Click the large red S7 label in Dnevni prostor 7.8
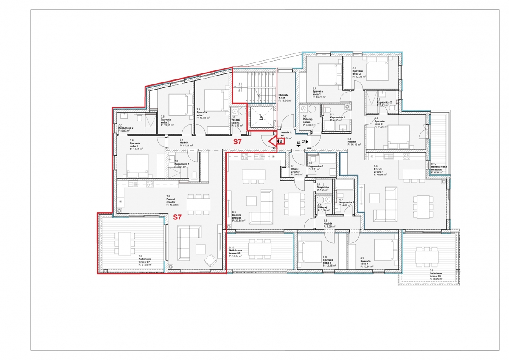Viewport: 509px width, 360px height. click(178, 217)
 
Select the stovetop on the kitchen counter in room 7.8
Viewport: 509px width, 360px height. click(150, 184)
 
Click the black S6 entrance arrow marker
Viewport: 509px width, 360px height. click(299, 144)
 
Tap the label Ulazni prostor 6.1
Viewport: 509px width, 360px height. click(296, 172)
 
